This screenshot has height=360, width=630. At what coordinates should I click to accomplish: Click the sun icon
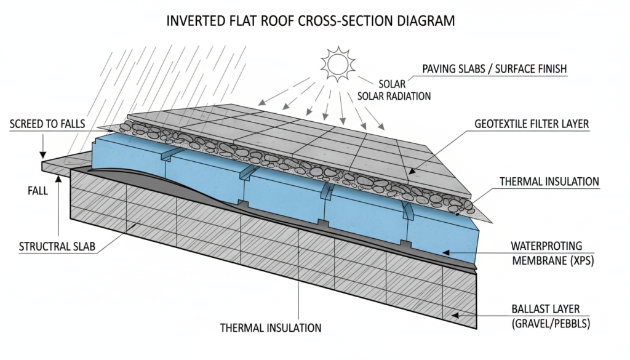coord(337,63)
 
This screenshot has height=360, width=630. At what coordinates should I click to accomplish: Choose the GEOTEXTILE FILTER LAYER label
coord(532,124)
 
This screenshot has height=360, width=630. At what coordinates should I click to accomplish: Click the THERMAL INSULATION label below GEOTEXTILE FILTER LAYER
coord(549,182)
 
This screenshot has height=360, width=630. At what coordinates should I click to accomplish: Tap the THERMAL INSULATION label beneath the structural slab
coord(271,328)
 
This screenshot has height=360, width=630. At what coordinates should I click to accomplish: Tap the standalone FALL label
coord(38,191)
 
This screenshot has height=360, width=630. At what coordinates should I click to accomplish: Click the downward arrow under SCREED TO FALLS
coord(42,153)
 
